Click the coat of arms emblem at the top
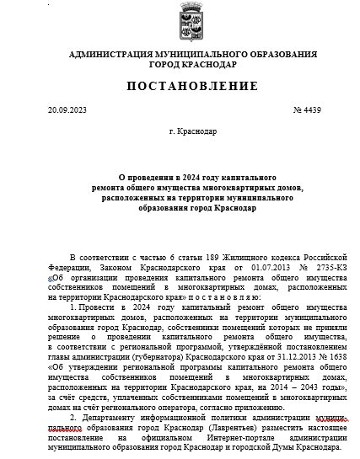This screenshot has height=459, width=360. click(182, 19)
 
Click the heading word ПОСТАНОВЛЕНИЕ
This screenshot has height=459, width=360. click(181, 88)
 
